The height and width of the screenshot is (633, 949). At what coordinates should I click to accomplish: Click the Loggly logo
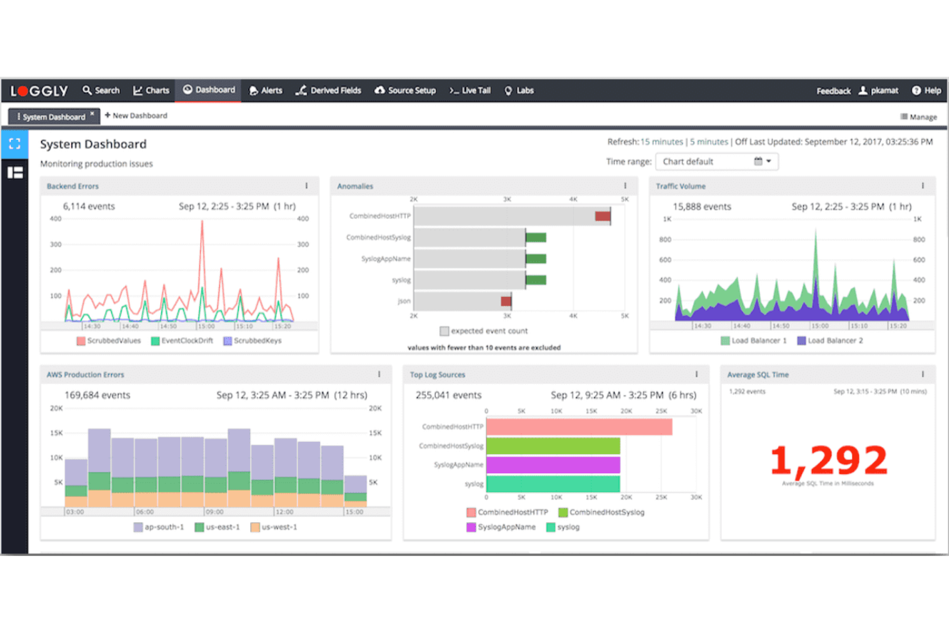(x=39, y=91)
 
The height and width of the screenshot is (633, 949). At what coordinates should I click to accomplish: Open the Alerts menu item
(x=265, y=90)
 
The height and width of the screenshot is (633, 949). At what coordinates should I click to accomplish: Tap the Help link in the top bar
(x=927, y=90)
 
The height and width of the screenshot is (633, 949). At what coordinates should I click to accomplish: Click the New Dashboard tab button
(x=136, y=115)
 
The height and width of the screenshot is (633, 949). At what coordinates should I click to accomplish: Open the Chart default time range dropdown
(x=716, y=162)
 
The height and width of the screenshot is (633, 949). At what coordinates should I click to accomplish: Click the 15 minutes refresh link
(x=662, y=142)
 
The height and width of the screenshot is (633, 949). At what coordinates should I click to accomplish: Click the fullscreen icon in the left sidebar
(x=15, y=144)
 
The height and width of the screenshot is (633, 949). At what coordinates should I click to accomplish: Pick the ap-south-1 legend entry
(x=158, y=527)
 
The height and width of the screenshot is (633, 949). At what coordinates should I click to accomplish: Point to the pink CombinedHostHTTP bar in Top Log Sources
(x=579, y=426)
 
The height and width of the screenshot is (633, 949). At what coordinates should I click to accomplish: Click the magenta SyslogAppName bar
(x=553, y=464)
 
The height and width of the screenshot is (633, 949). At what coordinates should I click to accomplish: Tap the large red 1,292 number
(x=828, y=460)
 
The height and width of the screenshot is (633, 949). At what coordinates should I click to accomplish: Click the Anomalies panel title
(x=355, y=186)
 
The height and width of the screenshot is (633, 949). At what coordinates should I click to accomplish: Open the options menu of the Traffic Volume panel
(x=923, y=186)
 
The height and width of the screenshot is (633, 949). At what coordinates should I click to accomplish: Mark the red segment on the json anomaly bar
(x=506, y=301)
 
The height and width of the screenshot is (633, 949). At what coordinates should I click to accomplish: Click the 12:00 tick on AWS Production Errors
(x=283, y=512)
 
